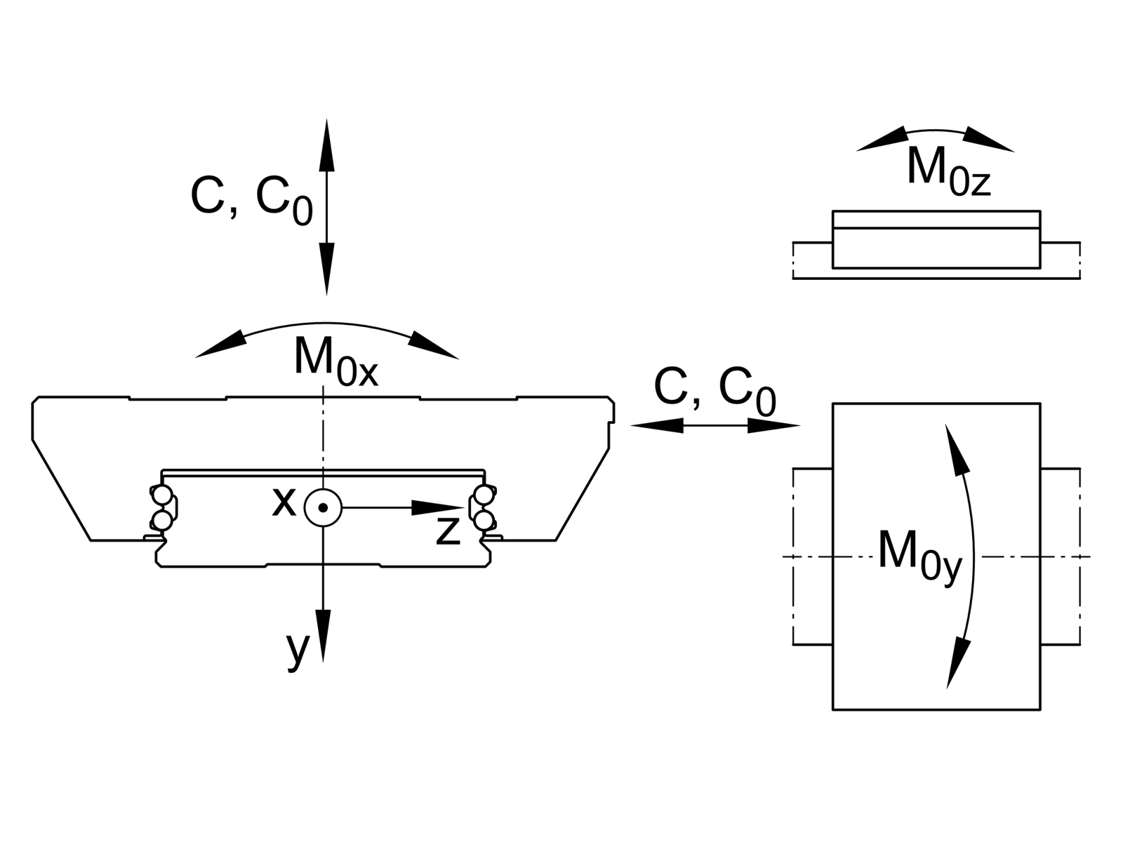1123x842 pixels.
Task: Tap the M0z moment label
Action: coord(948,171)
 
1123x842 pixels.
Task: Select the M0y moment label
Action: coord(919,557)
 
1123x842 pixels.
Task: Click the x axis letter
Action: coord(284,502)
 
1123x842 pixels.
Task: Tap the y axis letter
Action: coord(298,651)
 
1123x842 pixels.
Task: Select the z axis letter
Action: coord(447,532)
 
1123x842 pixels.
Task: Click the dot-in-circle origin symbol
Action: coord(322,507)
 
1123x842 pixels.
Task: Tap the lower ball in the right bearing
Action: coord(483,520)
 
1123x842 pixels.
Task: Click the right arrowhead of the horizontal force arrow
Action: coord(776,425)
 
